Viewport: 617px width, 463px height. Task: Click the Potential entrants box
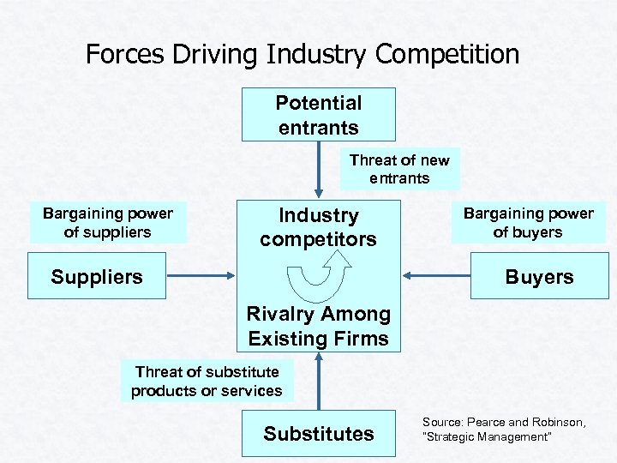pyautogui.click(x=319, y=115)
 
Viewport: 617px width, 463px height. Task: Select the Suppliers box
pyautogui.click(x=97, y=276)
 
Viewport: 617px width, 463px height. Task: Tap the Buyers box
pyautogui.click(x=539, y=276)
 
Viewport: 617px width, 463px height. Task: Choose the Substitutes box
pyautogui.click(x=319, y=434)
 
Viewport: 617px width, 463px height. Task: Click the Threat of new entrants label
pyautogui.click(x=399, y=169)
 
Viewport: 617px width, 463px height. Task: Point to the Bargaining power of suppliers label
pyautogui.click(x=107, y=223)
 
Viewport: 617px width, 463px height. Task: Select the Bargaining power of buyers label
pyautogui.click(x=528, y=223)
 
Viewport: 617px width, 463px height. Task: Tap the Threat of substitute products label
pyautogui.click(x=207, y=381)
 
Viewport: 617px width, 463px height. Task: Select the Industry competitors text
pyautogui.click(x=319, y=227)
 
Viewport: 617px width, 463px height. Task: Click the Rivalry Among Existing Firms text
pyautogui.click(x=319, y=327)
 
